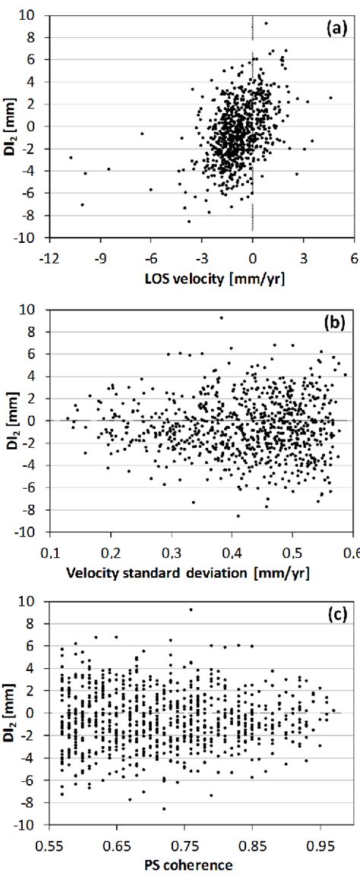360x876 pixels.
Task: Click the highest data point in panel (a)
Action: tap(266, 23)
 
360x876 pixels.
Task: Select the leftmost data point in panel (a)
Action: tap(71, 157)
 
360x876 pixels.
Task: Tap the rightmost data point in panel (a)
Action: tap(330, 97)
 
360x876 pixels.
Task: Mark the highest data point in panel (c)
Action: tap(191, 610)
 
